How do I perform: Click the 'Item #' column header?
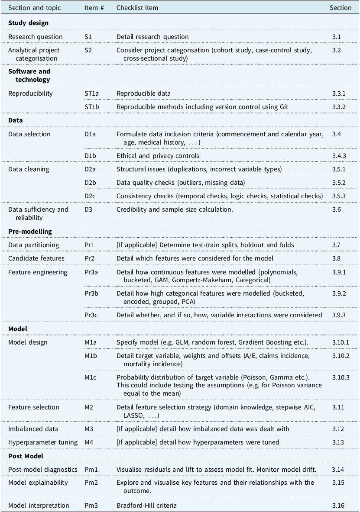click(x=94, y=8)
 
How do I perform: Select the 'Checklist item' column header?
click(x=137, y=8)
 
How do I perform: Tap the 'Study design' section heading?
click(x=29, y=23)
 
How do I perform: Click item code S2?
click(x=88, y=50)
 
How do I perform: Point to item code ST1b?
click(x=91, y=107)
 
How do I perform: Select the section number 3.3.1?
click(x=339, y=93)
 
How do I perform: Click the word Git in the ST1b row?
click(x=284, y=107)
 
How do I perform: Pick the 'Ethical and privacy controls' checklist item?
click(x=158, y=156)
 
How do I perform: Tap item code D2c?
click(x=90, y=196)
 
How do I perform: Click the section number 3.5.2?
click(x=339, y=183)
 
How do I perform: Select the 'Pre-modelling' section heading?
click(x=30, y=232)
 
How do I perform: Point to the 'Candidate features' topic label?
click(x=36, y=258)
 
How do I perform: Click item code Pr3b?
click(x=91, y=293)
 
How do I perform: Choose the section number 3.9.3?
click(x=339, y=315)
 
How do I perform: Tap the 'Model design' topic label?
click(x=28, y=342)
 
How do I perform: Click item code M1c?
click(x=91, y=377)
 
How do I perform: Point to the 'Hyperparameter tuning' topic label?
click(x=43, y=442)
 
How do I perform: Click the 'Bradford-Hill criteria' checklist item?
click(x=146, y=506)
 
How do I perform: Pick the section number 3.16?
click(x=338, y=506)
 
